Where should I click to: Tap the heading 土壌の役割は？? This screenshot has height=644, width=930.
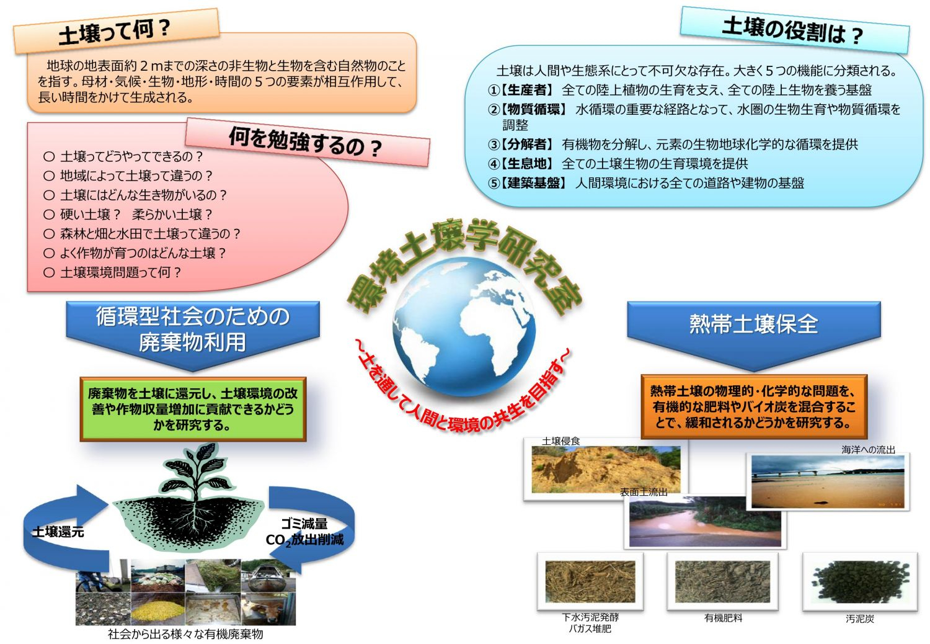(792, 30)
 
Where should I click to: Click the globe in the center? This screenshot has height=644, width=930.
(464, 326)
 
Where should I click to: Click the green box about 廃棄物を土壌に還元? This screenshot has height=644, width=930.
(193, 409)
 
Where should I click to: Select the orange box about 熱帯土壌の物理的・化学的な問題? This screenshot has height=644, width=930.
(754, 407)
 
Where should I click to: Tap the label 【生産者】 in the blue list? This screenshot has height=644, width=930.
(526, 90)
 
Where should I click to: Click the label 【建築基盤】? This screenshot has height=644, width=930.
(533, 183)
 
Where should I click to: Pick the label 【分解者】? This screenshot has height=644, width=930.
(526, 144)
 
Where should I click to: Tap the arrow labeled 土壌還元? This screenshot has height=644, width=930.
(58, 527)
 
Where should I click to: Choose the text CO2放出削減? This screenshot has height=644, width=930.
(305, 540)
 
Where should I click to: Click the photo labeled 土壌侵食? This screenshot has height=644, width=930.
(606, 469)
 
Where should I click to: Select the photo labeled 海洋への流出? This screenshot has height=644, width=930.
(828, 481)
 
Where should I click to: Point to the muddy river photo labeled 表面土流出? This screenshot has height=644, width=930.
(705, 522)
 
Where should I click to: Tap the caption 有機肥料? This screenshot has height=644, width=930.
(724, 618)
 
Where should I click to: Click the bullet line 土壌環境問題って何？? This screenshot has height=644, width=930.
(112, 272)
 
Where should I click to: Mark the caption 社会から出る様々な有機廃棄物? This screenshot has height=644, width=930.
(185, 634)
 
